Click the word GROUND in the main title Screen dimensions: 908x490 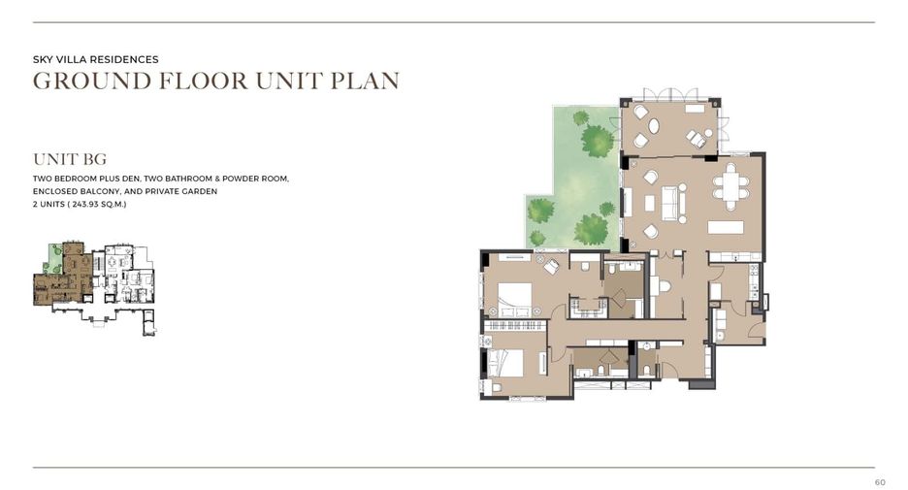click(92, 81)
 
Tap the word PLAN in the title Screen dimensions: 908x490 click(365, 81)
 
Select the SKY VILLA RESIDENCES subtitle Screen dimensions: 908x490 click(95, 59)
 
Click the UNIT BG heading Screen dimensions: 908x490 click(70, 159)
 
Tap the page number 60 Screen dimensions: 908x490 click(880, 482)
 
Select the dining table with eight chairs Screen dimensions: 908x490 click(730, 186)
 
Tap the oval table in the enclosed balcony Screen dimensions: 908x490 click(653, 126)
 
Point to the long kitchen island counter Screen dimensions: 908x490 click(725, 227)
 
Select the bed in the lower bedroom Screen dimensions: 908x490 click(505, 363)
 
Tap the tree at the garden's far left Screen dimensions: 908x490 click(541, 211)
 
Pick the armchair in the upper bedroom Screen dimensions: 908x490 click(550, 267)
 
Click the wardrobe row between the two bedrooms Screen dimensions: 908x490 click(515, 325)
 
